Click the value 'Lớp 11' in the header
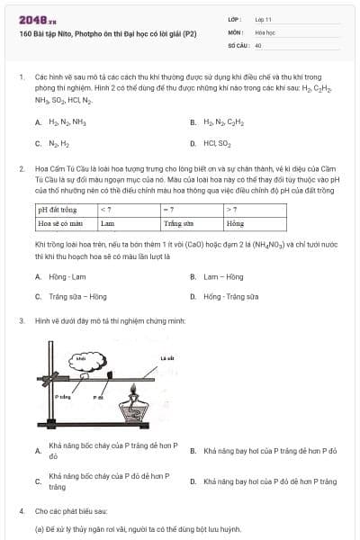click(x=264, y=18)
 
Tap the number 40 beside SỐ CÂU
click(x=258, y=44)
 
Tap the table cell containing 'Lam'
click(x=107, y=222)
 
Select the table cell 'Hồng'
click(x=236, y=222)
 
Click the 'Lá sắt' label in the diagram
click(x=166, y=357)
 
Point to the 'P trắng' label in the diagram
click(x=62, y=395)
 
